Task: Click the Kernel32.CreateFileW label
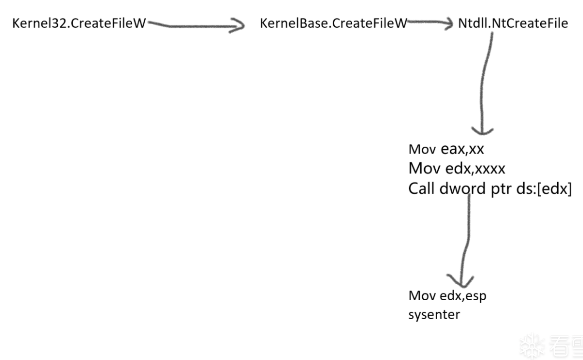(x=78, y=23)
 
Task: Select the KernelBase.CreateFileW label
(x=333, y=23)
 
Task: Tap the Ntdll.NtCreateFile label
(x=513, y=23)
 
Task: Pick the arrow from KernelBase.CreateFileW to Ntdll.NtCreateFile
(x=430, y=23)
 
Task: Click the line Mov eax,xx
(x=446, y=149)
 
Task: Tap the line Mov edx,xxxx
(x=457, y=169)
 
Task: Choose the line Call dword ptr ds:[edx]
(x=490, y=189)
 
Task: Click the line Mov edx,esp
(x=447, y=295)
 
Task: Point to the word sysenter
(x=434, y=315)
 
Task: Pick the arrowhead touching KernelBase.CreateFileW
(x=237, y=26)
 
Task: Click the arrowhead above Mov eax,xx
(x=482, y=130)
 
